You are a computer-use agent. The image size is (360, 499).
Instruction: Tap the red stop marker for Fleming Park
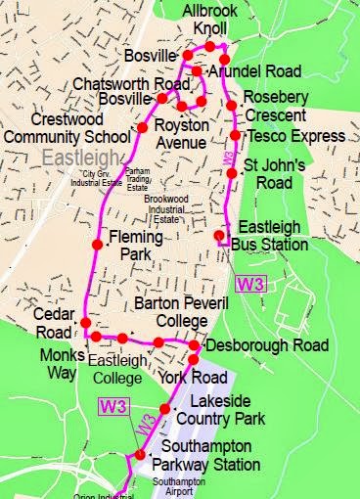pyautogui.click(x=98, y=245)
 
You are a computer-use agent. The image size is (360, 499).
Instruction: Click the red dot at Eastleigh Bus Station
pyautogui.click(x=219, y=235)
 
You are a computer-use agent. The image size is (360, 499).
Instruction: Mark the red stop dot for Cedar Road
pyautogui.click(x=85, y=323)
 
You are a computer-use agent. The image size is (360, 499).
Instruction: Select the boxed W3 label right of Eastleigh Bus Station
pyautogui.click(x=249, y=285)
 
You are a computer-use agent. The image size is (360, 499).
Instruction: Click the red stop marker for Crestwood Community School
pyautogui.click(x=142, y=128)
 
